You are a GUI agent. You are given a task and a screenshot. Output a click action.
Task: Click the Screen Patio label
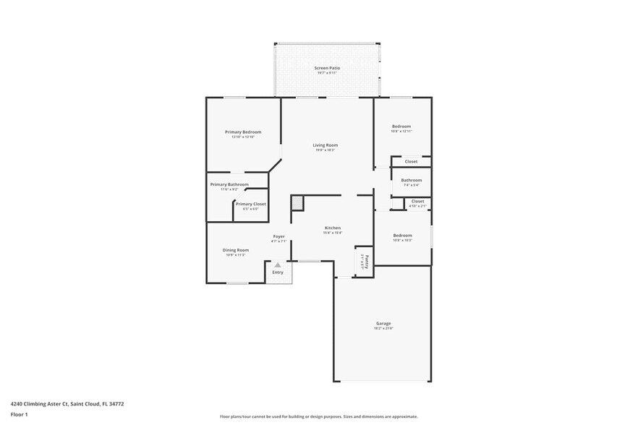pyautogui.click(x=327, y=68)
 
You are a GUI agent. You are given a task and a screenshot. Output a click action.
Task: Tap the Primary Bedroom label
pyautogui.click(x=243, y=132)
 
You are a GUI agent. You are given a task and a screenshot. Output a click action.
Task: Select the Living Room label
pyautogui.click(x=326, y=145)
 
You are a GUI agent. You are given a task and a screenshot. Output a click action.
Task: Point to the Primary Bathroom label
pyautogui.click(x=229, y=184)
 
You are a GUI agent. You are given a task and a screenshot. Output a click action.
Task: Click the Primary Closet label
pyautogui.click(x=250, y=204)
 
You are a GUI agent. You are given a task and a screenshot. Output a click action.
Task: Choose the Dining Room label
pyautogui.click(x=236, y=250)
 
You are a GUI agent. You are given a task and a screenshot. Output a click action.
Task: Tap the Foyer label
pyautogui.click(x=278, y=236)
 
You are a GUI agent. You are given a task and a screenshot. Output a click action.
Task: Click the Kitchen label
pyautogui.click(x=332, y=228)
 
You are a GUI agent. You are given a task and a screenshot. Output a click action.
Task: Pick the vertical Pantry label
pyautogui.click(x=367, y=259)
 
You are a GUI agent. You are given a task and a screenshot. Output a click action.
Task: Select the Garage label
pyautogui.click(x=383, y=323)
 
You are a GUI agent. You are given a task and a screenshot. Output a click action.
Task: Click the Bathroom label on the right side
pyautogui.click(x=412, y=180)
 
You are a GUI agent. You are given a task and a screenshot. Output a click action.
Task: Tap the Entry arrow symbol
pyautogui.click(x=277, y=265)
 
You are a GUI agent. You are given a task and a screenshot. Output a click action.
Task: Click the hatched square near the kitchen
pyautogui.click(x=297, y=204)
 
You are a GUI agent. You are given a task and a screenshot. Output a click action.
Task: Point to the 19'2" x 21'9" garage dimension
pyautogui.click(x=383, y=328)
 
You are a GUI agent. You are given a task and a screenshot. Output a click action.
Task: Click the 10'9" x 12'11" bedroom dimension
pyautogui.click(x=401, y=132)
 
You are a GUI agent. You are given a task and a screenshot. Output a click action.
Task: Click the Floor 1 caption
pyautogui.click(x=20, y=414)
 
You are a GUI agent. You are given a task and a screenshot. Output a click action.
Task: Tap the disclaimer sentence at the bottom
pyautogui.click(x=319, y=416)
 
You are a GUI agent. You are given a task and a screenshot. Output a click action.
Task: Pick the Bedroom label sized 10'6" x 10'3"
pyautogui.click(x=402, y=235)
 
